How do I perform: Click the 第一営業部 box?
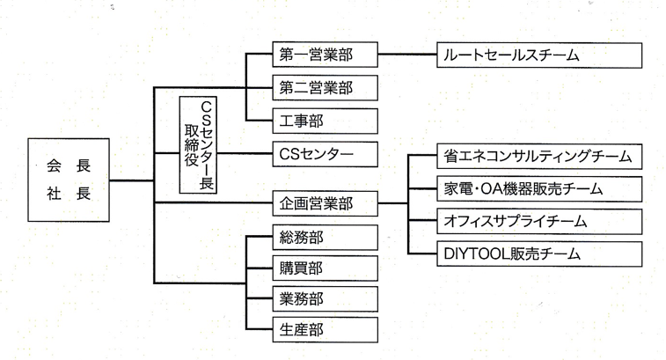coord(322,55)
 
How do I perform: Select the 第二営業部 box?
coord(322,87)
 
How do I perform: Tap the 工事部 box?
coord(322,120)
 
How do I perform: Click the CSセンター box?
coord(322,156)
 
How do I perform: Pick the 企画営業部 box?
coord(322,204)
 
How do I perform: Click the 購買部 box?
coord(322,268)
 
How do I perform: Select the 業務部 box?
coord(322,298)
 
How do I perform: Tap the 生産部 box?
coord(322,330)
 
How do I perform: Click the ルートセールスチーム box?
coord(539,55)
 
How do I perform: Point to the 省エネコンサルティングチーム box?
coord(539,156)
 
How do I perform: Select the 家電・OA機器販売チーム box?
coord(539,187)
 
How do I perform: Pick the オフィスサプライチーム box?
coord(539,220)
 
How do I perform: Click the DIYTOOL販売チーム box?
coord(539,253)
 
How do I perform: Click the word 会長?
coord(68,165)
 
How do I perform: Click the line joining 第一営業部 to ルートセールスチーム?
coord(407,55)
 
